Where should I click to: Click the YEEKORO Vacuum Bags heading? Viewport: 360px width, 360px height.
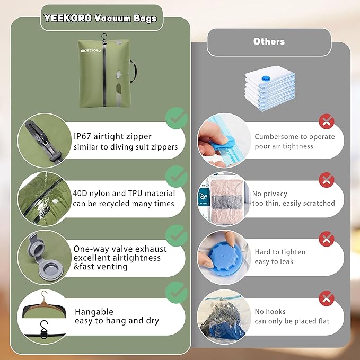[100, 19]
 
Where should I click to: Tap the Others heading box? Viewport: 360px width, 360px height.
[269, 41]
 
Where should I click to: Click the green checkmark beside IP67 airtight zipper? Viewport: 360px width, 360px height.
[176, 118]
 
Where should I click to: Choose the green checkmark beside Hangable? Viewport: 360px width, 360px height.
[176, 292]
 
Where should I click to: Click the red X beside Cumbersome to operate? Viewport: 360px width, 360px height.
[327, 122]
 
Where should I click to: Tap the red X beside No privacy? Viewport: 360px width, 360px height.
[327, 180]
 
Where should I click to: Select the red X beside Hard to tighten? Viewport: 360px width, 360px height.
[327, 238]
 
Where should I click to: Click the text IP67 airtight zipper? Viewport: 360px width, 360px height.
[112, 136]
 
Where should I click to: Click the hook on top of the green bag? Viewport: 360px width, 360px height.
[104, 38]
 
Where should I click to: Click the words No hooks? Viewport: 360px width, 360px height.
[270, 311]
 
